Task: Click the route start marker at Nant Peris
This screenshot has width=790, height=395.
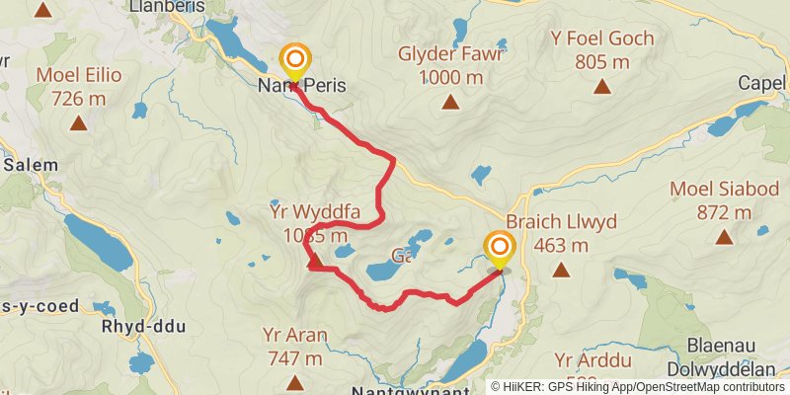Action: click(294, 59)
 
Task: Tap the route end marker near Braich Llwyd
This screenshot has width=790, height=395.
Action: click(499, 247)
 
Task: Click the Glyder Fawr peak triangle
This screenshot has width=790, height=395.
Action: click(450, 102)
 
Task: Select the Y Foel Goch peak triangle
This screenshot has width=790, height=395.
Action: click(602, 87)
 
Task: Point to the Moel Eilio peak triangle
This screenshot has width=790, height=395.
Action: click(78, 123)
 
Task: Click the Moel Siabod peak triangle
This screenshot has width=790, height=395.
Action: click(725, 237)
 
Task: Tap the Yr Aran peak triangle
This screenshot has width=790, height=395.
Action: click(293, 382)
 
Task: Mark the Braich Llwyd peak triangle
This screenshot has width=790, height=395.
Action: click(561, 270)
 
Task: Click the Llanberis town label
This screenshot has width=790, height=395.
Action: click(166, 6)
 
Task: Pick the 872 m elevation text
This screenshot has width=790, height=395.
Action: click(724, 212)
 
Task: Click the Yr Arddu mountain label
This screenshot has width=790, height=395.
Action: click(592, 359)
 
